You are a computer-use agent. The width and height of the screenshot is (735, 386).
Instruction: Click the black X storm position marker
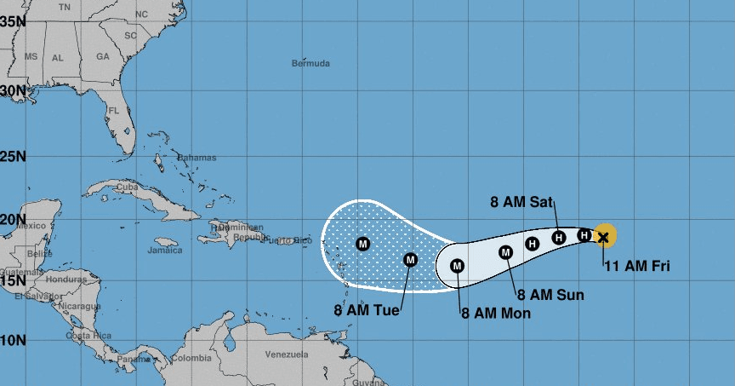point(603,236)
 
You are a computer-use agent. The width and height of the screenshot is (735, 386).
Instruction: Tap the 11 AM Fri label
point(636,266)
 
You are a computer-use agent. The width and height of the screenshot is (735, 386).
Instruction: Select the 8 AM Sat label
point(521,203)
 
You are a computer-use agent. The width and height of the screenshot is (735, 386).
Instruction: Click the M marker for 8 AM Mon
point(457,267)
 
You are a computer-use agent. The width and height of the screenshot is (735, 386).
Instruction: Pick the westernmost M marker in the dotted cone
point(363,245)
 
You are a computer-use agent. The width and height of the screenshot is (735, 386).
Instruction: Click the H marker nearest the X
point(584,234)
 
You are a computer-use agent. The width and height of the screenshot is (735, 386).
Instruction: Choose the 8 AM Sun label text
point(550,295)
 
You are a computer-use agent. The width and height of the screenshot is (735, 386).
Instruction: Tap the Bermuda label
point(311,63)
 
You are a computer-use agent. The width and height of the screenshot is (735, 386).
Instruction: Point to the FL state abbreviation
point(113,111)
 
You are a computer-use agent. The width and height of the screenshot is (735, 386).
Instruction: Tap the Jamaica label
point(164,251)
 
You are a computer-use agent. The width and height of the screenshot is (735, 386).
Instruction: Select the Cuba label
point(127,187)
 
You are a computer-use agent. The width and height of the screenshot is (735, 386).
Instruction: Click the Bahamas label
point(197,158)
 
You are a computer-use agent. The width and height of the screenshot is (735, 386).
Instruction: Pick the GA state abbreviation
point(103,56)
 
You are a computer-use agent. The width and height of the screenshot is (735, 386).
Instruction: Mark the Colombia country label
point(191,358)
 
